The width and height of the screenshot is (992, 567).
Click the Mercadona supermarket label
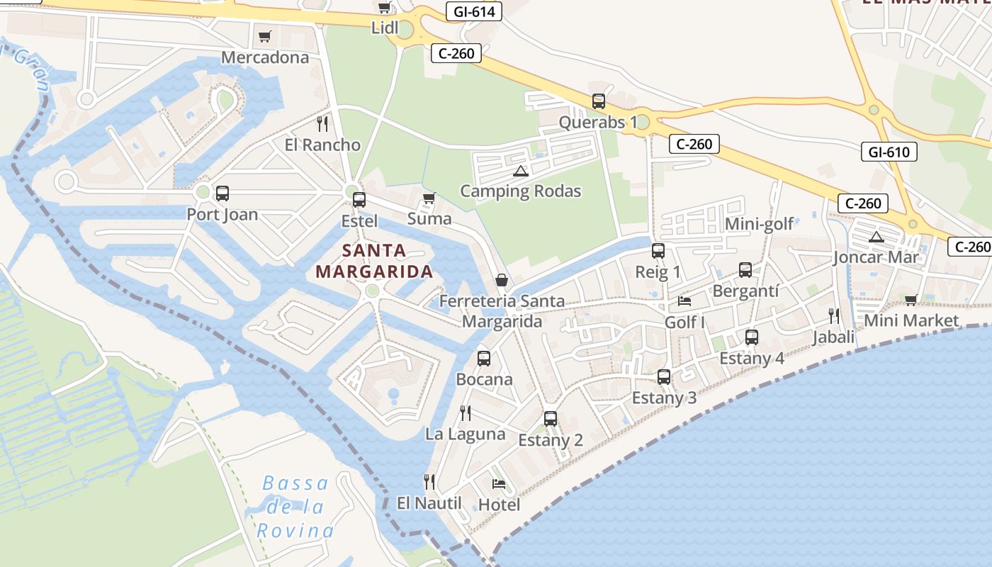[x=265, y=57]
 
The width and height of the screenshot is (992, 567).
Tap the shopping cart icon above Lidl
[x=384, y=8]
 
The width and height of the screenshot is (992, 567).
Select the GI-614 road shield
[x=474, y=11]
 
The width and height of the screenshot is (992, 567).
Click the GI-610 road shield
[x=889, y=151]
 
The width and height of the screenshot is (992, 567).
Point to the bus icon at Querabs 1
[x=599, y=101]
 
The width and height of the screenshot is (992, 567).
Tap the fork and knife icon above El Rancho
[x=322, y=124]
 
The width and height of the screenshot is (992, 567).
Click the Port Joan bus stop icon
[x=222, y=193]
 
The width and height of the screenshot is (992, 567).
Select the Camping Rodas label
[x=520, y=191]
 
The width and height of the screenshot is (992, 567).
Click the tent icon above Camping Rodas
[x=521, y=171]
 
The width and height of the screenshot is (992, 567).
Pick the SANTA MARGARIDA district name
[x=374, y=261]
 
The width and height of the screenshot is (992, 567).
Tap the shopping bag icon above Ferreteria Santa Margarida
[x=502, y=280]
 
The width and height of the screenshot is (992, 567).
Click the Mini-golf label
[x=759, y=225]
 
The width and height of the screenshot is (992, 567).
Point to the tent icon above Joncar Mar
[x=877, y=237]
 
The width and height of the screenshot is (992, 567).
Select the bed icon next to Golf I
[x=684, y=301]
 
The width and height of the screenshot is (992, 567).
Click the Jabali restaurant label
[x=833, y=337]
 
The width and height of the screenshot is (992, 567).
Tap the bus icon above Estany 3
[x=664, y=377]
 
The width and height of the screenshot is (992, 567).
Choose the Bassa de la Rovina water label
[x=295, y=507]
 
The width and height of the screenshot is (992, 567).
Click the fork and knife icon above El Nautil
[x=429, y=482]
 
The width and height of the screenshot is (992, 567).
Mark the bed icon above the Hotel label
[x=499, y=485]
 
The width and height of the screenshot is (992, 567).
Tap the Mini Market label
[x=911, y=320]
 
